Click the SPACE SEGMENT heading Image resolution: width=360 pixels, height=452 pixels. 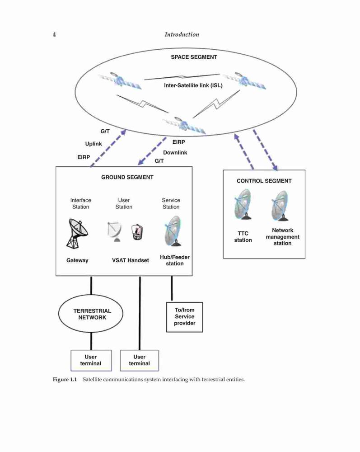[194, 57]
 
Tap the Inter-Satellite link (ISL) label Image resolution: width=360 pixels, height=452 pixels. [193, 85]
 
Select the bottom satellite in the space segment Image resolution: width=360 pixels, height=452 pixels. [184, 125]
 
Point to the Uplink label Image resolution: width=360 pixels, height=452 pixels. [94, 144]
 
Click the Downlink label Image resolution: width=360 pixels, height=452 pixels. [175, 152]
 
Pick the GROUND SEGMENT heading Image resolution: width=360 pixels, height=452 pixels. [127, 177]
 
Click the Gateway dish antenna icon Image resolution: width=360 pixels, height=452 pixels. [77, 234]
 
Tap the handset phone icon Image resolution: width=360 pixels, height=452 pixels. [137, 232]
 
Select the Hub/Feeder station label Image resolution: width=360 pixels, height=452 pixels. [174, 260]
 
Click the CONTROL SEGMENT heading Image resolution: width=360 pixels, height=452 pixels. [264, 181]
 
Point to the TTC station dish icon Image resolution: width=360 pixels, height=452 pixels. [243, 204]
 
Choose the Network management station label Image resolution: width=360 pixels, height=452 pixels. [282, 237]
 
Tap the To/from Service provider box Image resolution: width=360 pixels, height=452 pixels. [185, 317]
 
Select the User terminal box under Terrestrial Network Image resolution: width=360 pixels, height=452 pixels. [91, 360]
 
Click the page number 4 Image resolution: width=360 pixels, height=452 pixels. [54, 35]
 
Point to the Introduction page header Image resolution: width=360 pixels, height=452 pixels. [182, 35]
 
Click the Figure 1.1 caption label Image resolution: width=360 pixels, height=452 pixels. [65, 379]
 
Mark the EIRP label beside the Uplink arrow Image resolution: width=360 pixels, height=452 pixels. [84, 157]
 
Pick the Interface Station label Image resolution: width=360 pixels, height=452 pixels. [81, 203]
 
